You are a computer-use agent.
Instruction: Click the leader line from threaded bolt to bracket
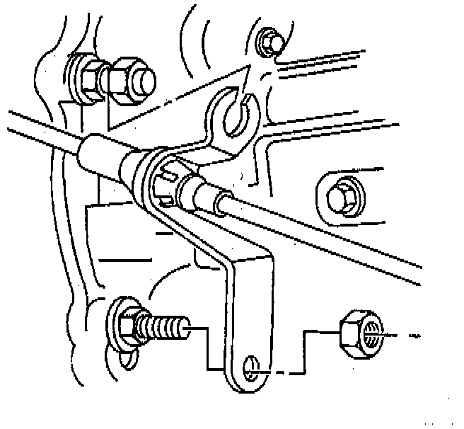pos(205,347)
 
